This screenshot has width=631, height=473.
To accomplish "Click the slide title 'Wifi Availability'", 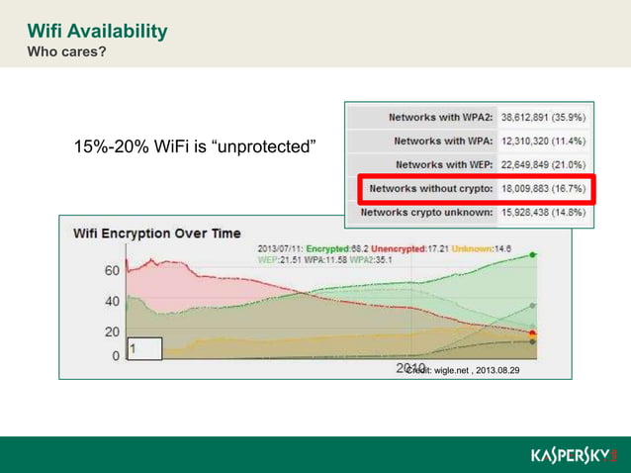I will click(x=97, y=32).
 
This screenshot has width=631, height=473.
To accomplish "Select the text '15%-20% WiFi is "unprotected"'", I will click(x=195, y=146).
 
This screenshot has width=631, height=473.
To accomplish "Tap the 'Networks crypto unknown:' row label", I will click(x=427, y=212).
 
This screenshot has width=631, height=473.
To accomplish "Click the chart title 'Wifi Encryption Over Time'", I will click(x=156, y=234).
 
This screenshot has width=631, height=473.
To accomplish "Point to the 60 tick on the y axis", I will click(x=114, y=269).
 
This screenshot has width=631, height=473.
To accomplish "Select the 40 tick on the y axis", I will click(x=114, y=301).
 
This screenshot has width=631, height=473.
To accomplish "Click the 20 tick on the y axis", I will click(x=114, y=332).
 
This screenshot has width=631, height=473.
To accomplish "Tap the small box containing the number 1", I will click(x=144, y=348).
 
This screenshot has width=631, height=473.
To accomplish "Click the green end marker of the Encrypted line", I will click(x=533, y=255).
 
